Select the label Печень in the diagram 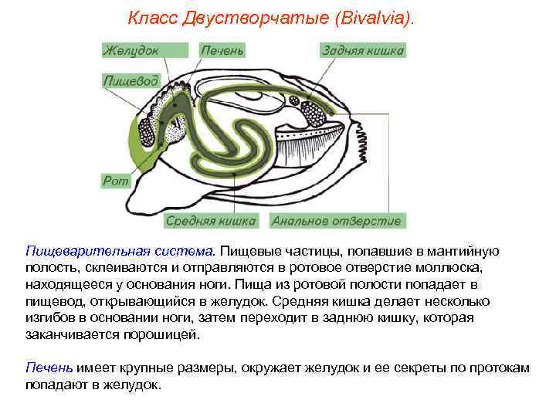click(x=222, y=50)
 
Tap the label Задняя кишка click(x=362, y=50)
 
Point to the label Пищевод click(x=131, y=80)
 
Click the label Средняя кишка click(x=211, y=221)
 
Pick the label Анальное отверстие click(x=337, y=221)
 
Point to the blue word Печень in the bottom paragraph click(x=49, y=368)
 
